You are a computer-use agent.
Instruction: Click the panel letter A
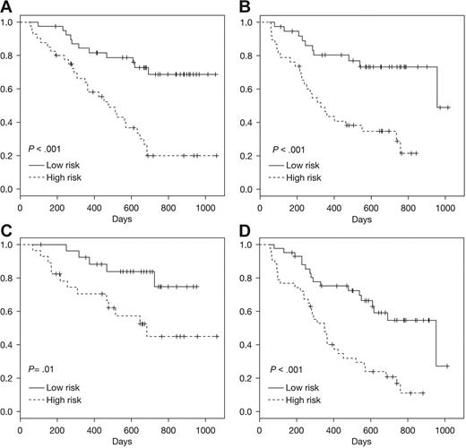pyautogui.click(x=7, y=7)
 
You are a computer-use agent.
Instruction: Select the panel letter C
pyautogui.click(x=7, y=230)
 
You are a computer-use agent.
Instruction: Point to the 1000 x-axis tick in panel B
pyautogui.click(x=445, y=204)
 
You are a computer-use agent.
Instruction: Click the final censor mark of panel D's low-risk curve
pyautogui.click(x=446, y=366)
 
